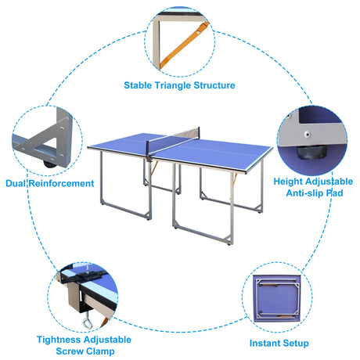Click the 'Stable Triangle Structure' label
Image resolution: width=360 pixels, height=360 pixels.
[x=179, y=85]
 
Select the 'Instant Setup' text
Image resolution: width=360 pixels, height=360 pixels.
[x=279, y=343]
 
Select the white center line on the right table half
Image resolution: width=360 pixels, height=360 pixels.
[x=227, y=149]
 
